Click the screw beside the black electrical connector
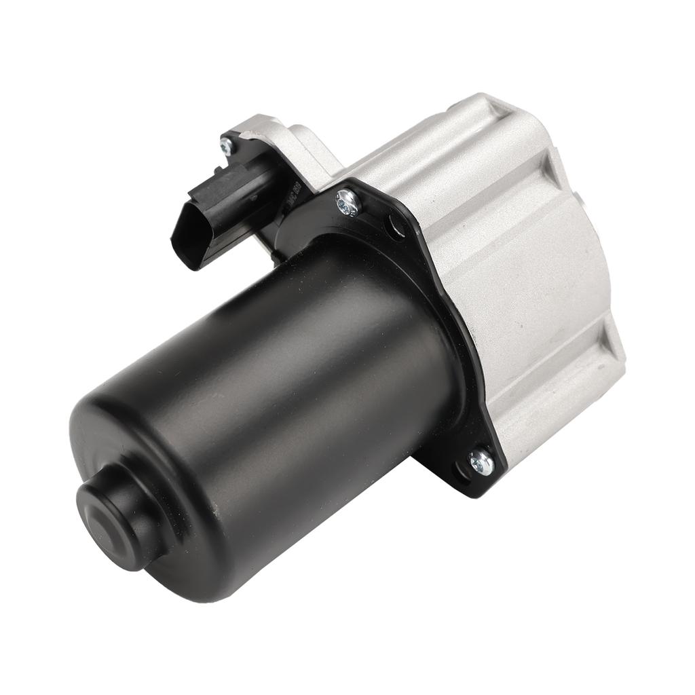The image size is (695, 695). point(227,145)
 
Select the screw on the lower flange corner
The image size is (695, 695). point(481,463)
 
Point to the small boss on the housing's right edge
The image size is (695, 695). point(584,197)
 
